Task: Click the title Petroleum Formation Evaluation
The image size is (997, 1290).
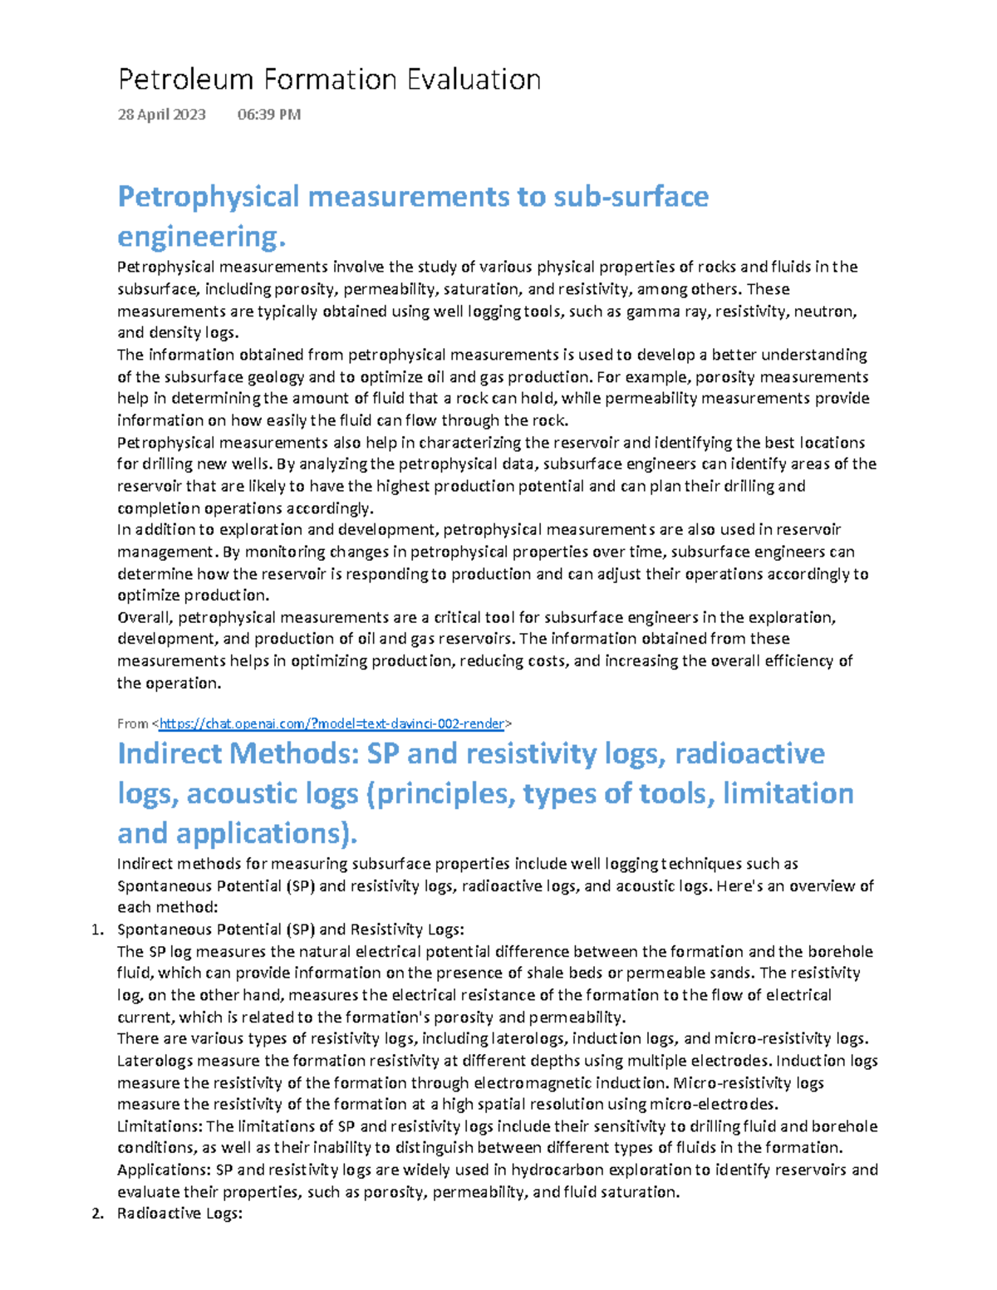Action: [x=329, y=80]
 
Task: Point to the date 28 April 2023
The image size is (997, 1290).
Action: [x=161, y=115]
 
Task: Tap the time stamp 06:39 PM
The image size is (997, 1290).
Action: [x=268, y=115]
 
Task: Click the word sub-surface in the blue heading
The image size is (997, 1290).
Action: [x=631, y=197]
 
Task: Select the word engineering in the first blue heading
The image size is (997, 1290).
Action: [x=199, y=237]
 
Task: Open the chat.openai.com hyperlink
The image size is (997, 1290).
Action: [x=332, y=723]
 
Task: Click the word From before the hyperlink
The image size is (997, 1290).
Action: [x=133, y=723]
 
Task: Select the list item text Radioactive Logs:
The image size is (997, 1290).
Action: [x=179, y=1214]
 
